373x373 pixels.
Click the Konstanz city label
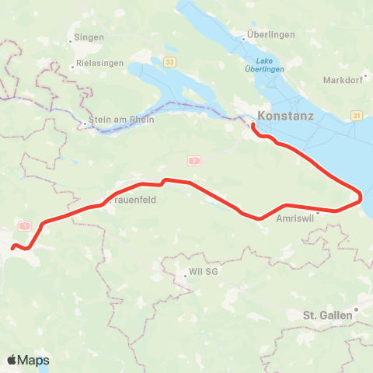coord(285,117)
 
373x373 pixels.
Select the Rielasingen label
coord(100,64)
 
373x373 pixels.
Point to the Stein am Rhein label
coord(123,120)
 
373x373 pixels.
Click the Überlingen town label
coord(268,36)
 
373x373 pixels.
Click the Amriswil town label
coord(295,219)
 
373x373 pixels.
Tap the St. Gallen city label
coord(329,315)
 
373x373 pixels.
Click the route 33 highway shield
coord(170,61)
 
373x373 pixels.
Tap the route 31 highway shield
coord(356,115)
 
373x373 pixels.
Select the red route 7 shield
coord(193,160)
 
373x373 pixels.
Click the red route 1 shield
coord(26,225)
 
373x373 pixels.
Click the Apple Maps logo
coord(28,360)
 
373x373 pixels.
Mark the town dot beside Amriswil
coord(317,211)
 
